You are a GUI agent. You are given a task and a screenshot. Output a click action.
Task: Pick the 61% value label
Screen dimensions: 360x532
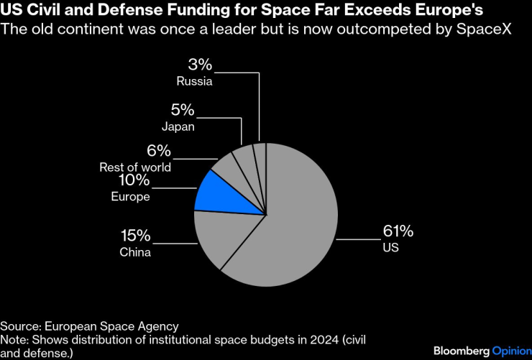click(x=398, y=231)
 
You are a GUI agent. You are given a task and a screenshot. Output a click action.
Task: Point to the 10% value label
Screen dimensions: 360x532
click(x=134, y=180)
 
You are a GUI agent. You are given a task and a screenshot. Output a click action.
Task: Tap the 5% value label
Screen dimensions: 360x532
click(x=183, y=110)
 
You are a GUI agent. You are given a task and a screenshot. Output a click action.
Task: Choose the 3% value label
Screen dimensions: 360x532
click(x=201, y=64)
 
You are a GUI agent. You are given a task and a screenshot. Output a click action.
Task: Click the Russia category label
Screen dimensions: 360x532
click(x=194, y=81)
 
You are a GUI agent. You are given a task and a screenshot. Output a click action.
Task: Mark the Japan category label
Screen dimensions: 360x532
click(x=179, y=127)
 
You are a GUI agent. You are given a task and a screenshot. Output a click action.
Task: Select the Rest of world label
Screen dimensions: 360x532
click(x=135, y=167)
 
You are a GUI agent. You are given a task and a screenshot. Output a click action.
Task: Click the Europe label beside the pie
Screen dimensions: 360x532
click(x=130, y=197)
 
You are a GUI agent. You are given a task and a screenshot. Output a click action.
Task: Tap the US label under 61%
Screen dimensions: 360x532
click(x=390, y=248)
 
